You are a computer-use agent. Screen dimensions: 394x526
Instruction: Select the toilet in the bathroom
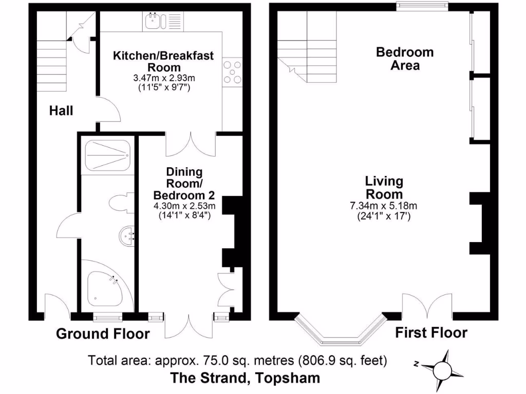(121, 202)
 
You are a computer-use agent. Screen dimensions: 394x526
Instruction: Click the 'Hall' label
(61, 110)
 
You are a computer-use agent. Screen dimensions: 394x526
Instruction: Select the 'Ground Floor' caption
(103, 334)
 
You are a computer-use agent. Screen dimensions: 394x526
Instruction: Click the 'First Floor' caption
(431, 332)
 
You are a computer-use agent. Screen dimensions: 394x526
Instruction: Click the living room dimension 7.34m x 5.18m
(383, 206)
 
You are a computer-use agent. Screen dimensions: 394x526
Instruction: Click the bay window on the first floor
(339, 331)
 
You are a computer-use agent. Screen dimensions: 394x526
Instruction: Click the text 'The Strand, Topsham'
(245, 378)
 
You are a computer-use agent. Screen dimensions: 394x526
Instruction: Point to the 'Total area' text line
(237, 360)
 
